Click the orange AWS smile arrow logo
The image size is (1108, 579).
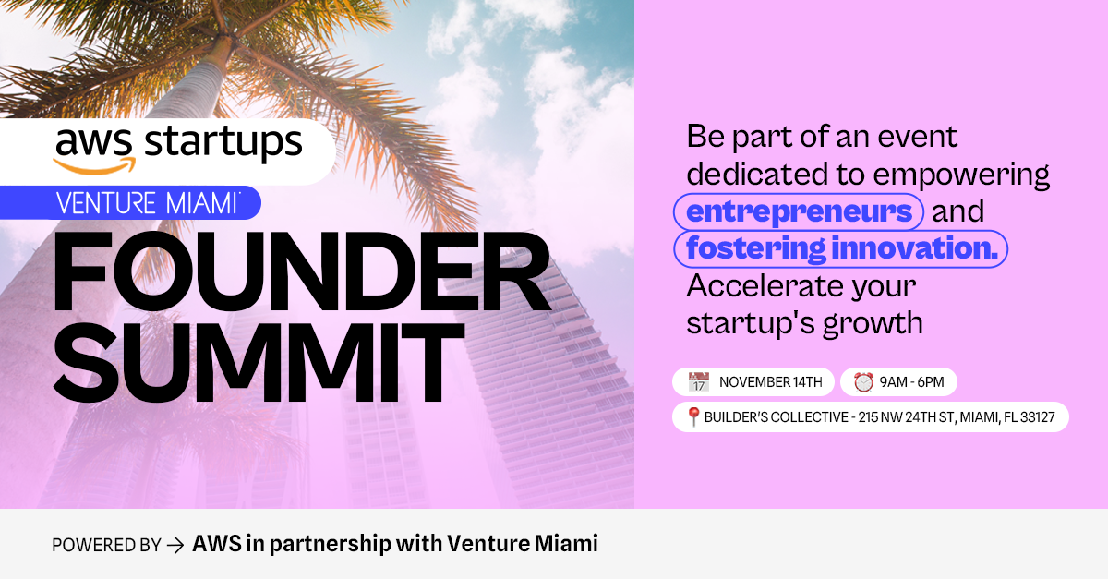(x=94, y=166)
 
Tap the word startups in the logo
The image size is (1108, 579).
(x=223, y=142)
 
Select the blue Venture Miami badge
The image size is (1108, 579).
(x=130, y=203)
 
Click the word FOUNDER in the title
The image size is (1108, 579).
(x=302, y=271)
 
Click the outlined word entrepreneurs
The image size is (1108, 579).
(x=799, y=211)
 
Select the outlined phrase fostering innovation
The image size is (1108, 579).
(x=841, y=249)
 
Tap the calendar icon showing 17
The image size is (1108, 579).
(x=698, y=382)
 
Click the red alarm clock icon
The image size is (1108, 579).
(x=863, y=382)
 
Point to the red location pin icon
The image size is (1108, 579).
(x=693, y=416)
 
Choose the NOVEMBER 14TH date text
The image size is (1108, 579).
(x=771, y=382)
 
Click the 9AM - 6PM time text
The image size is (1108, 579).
(x=911, y=382)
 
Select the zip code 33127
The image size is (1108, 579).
(x=1037, y=417)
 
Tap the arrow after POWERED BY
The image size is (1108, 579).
(x=175, y=546)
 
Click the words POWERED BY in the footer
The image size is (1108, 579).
(x=106, y=546)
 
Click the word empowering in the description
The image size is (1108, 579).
(x=961, y=175)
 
